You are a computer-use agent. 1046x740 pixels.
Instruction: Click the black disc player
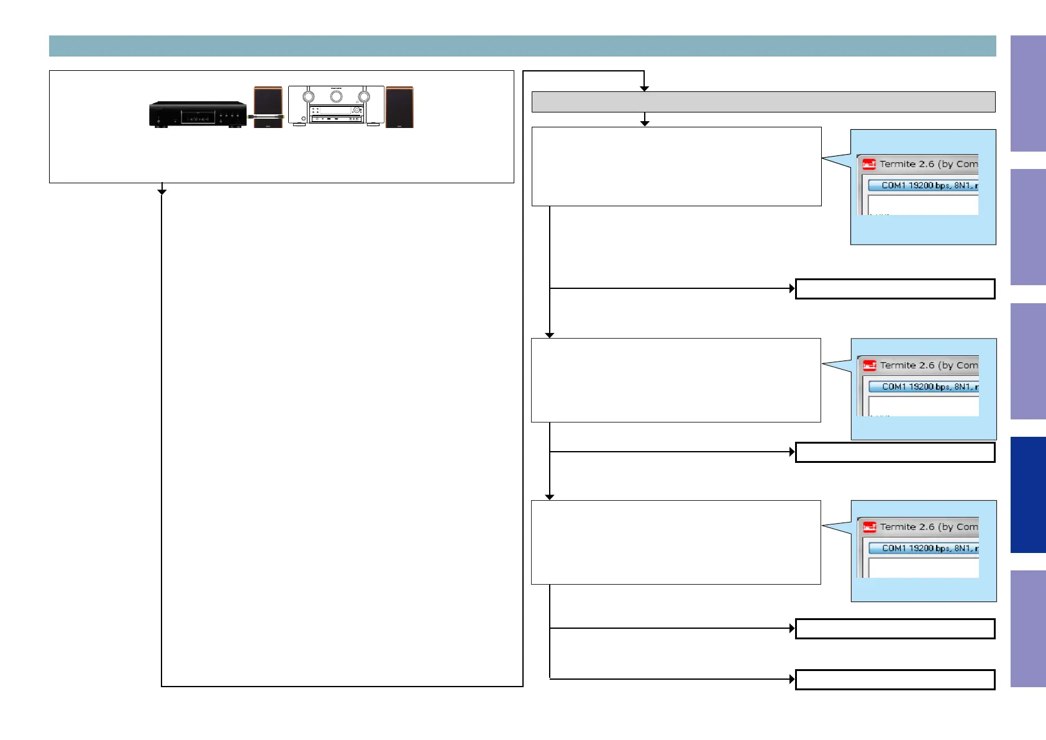[198, 115]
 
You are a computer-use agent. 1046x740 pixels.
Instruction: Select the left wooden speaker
[268, 107]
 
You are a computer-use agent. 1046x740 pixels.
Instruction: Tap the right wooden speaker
[399, 107]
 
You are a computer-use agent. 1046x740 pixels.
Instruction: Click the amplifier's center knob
[336, 96]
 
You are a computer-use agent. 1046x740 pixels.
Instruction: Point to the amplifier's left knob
[308, 96]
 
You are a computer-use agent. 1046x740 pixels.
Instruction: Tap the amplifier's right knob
[364, 96]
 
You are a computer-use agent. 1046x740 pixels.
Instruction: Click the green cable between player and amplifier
[266, 116]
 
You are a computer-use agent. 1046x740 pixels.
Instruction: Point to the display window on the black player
[198, 117]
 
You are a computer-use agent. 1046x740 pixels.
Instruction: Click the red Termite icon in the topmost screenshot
[869, 165]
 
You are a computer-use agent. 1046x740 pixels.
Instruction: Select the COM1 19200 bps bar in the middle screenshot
[924, 386]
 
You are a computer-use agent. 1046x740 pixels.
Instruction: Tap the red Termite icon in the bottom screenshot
[870, 528]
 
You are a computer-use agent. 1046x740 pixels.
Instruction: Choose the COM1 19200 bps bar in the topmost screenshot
[923, 185]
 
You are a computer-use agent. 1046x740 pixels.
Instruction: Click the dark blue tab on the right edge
[1028, 495]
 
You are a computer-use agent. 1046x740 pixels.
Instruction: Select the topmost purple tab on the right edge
[1028, 93]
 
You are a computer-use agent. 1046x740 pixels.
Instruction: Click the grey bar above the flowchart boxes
[763, 102]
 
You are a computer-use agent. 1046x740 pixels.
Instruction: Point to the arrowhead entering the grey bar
[644, 89]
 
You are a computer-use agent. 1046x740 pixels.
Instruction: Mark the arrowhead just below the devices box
[162, 191]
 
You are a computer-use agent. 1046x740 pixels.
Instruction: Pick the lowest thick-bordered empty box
[895, 680]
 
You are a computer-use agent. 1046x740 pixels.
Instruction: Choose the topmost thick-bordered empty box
[895, 289]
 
